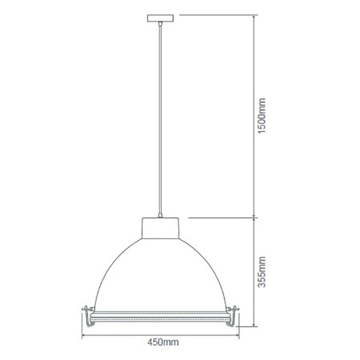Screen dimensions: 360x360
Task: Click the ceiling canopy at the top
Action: tap(160, 18)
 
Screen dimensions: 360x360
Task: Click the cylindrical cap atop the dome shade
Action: tap(160, 228)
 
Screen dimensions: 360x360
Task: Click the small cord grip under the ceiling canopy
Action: tap(160, 24)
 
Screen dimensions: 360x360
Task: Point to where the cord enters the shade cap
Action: tap(160, 216)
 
